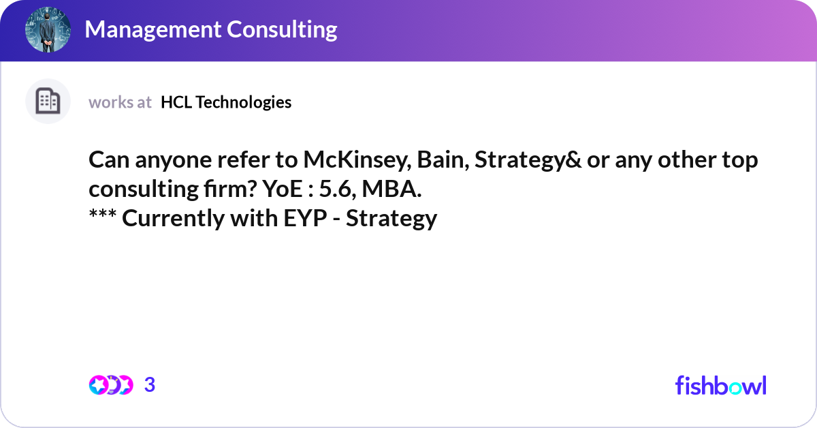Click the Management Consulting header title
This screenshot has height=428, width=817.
211,29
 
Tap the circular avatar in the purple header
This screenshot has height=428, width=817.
48,29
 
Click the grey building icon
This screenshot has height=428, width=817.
48,102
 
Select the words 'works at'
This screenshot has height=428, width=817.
120,102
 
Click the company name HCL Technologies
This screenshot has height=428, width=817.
226,102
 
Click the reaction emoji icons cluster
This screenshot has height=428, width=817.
110,385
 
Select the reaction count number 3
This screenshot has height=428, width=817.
150,385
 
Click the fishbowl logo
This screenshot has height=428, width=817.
720,385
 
